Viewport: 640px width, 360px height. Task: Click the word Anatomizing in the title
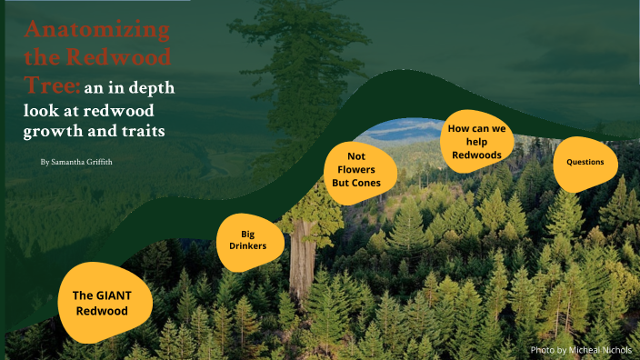[97, 30]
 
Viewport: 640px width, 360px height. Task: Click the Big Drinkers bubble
[248, 242]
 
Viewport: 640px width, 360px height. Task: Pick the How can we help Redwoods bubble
[476, 142]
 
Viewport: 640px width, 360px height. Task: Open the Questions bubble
[591, 163]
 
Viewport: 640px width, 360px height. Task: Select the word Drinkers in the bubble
[248, 249]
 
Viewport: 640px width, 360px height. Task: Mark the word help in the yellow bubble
[477, 142]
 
